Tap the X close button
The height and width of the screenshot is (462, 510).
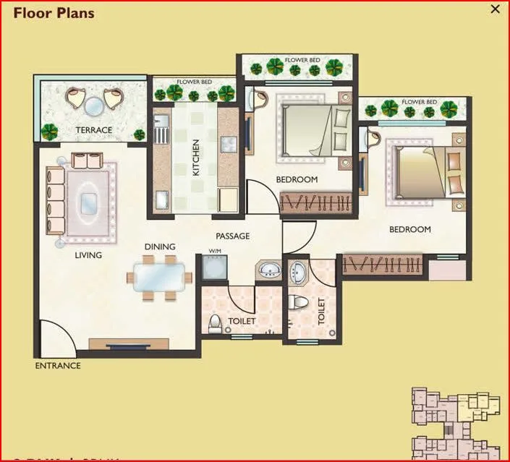[x=496, y=9]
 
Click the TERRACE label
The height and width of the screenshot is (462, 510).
[x=95, y=130]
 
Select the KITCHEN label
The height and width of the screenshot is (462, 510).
[x=195, y=158]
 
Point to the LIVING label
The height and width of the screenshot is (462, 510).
[x=88, y=255]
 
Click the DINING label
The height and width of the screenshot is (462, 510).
[x=160, y=247]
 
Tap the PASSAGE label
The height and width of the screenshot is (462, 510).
[x=233, y=236]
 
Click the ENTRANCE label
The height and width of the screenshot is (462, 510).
[x=58, y=366]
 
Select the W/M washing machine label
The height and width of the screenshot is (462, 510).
[x=214, y=252]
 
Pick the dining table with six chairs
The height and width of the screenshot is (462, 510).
[x=159, y=275]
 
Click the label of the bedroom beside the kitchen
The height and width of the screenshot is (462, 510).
[x=297, y=179]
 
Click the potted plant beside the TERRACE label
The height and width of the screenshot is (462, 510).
[x=50, y=132]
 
